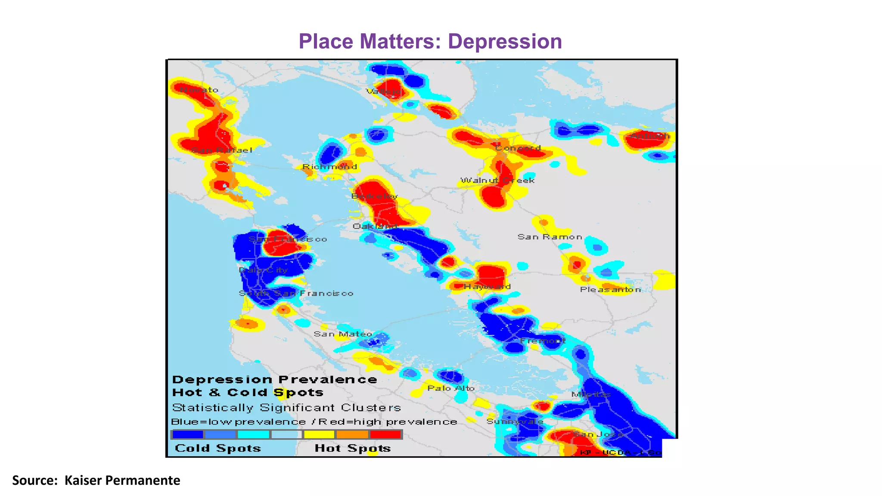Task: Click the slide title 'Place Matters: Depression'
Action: (430, 42)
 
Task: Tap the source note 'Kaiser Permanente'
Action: (122, 480)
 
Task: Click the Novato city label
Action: (199, 90)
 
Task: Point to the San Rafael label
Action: (221, 150)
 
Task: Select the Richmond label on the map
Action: (329, 167)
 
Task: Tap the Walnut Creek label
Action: (497, 180)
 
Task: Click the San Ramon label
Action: (550, 237)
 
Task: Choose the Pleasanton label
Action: (610, 290)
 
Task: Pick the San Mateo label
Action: (343, 334)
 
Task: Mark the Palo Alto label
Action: (451, 388)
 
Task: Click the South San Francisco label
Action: (296, 294)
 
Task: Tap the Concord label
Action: (518, 148)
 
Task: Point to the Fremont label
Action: (543, 341)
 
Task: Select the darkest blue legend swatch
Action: (187, 434)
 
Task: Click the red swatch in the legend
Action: (385, 434)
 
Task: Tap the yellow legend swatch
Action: (319, 434)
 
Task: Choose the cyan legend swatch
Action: (253, 434)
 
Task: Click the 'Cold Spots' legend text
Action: (218, 448)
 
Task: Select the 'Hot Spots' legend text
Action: (353, 448)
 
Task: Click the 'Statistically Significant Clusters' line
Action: (286, 407)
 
